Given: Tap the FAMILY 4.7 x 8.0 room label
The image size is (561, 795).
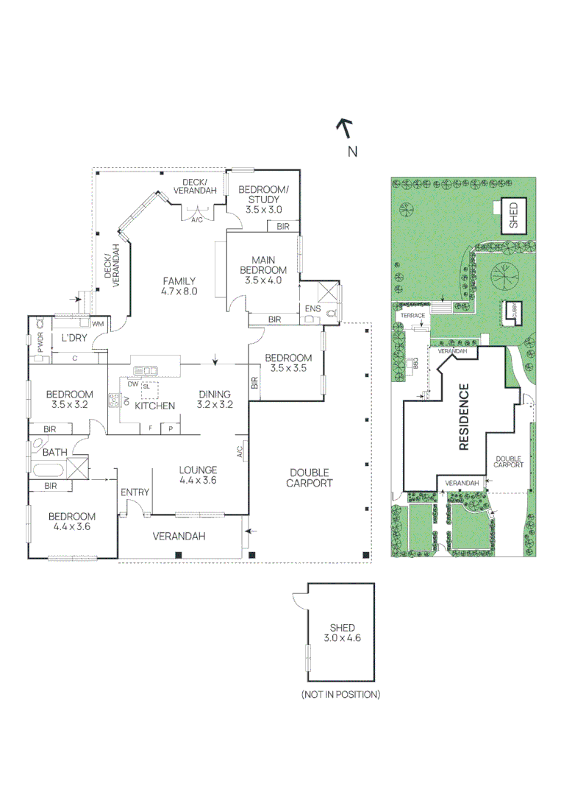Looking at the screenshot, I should [x=179, y=286].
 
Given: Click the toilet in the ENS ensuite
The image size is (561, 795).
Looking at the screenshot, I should [x=330, y=312].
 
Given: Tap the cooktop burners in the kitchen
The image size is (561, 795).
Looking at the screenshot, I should [x=115, y=400].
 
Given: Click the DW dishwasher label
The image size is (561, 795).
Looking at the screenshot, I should [x=132, y=384].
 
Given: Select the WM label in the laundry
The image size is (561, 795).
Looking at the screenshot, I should [x=96, y=324].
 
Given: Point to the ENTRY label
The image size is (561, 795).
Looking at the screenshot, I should [x=135, y=492].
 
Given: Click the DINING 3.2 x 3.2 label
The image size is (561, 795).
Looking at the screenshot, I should [x=215, y=399].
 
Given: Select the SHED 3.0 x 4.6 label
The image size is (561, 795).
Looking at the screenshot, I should [x=343, y=633].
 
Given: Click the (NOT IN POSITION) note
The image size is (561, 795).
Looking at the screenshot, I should [x=340, y=694].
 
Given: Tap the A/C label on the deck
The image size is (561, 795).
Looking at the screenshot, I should [x=196, y=219].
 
